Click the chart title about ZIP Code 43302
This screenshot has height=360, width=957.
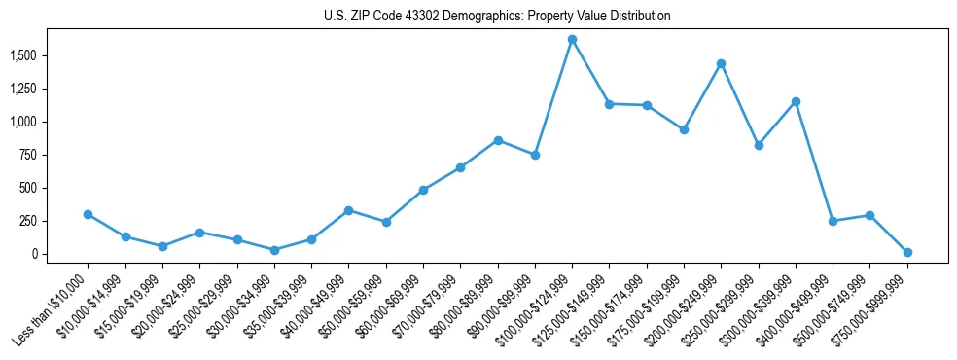pos(497,17)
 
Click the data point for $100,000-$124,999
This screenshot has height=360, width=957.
pos(572,39)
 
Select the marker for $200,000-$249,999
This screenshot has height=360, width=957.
pos(721,63)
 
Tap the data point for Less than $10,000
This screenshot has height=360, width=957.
pos(88,214)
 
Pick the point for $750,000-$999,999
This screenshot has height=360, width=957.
pos(907,252)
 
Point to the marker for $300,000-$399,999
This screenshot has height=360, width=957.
pos(796,101)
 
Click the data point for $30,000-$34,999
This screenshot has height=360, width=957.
pos(274,250)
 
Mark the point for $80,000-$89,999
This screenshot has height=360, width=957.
pos(498,140)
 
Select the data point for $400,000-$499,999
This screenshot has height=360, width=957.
pos(833,221)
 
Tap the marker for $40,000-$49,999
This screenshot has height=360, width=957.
pos(348,210)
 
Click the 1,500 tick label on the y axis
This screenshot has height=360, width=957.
pos(22,55)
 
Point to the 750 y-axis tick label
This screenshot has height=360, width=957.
pos(27,155)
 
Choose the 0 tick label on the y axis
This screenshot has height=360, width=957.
pos(34,254)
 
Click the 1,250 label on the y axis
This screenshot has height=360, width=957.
pos(22,89)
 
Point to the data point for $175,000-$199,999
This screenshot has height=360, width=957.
pos(684,129)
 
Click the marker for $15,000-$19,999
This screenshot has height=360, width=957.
pos(162,246)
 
